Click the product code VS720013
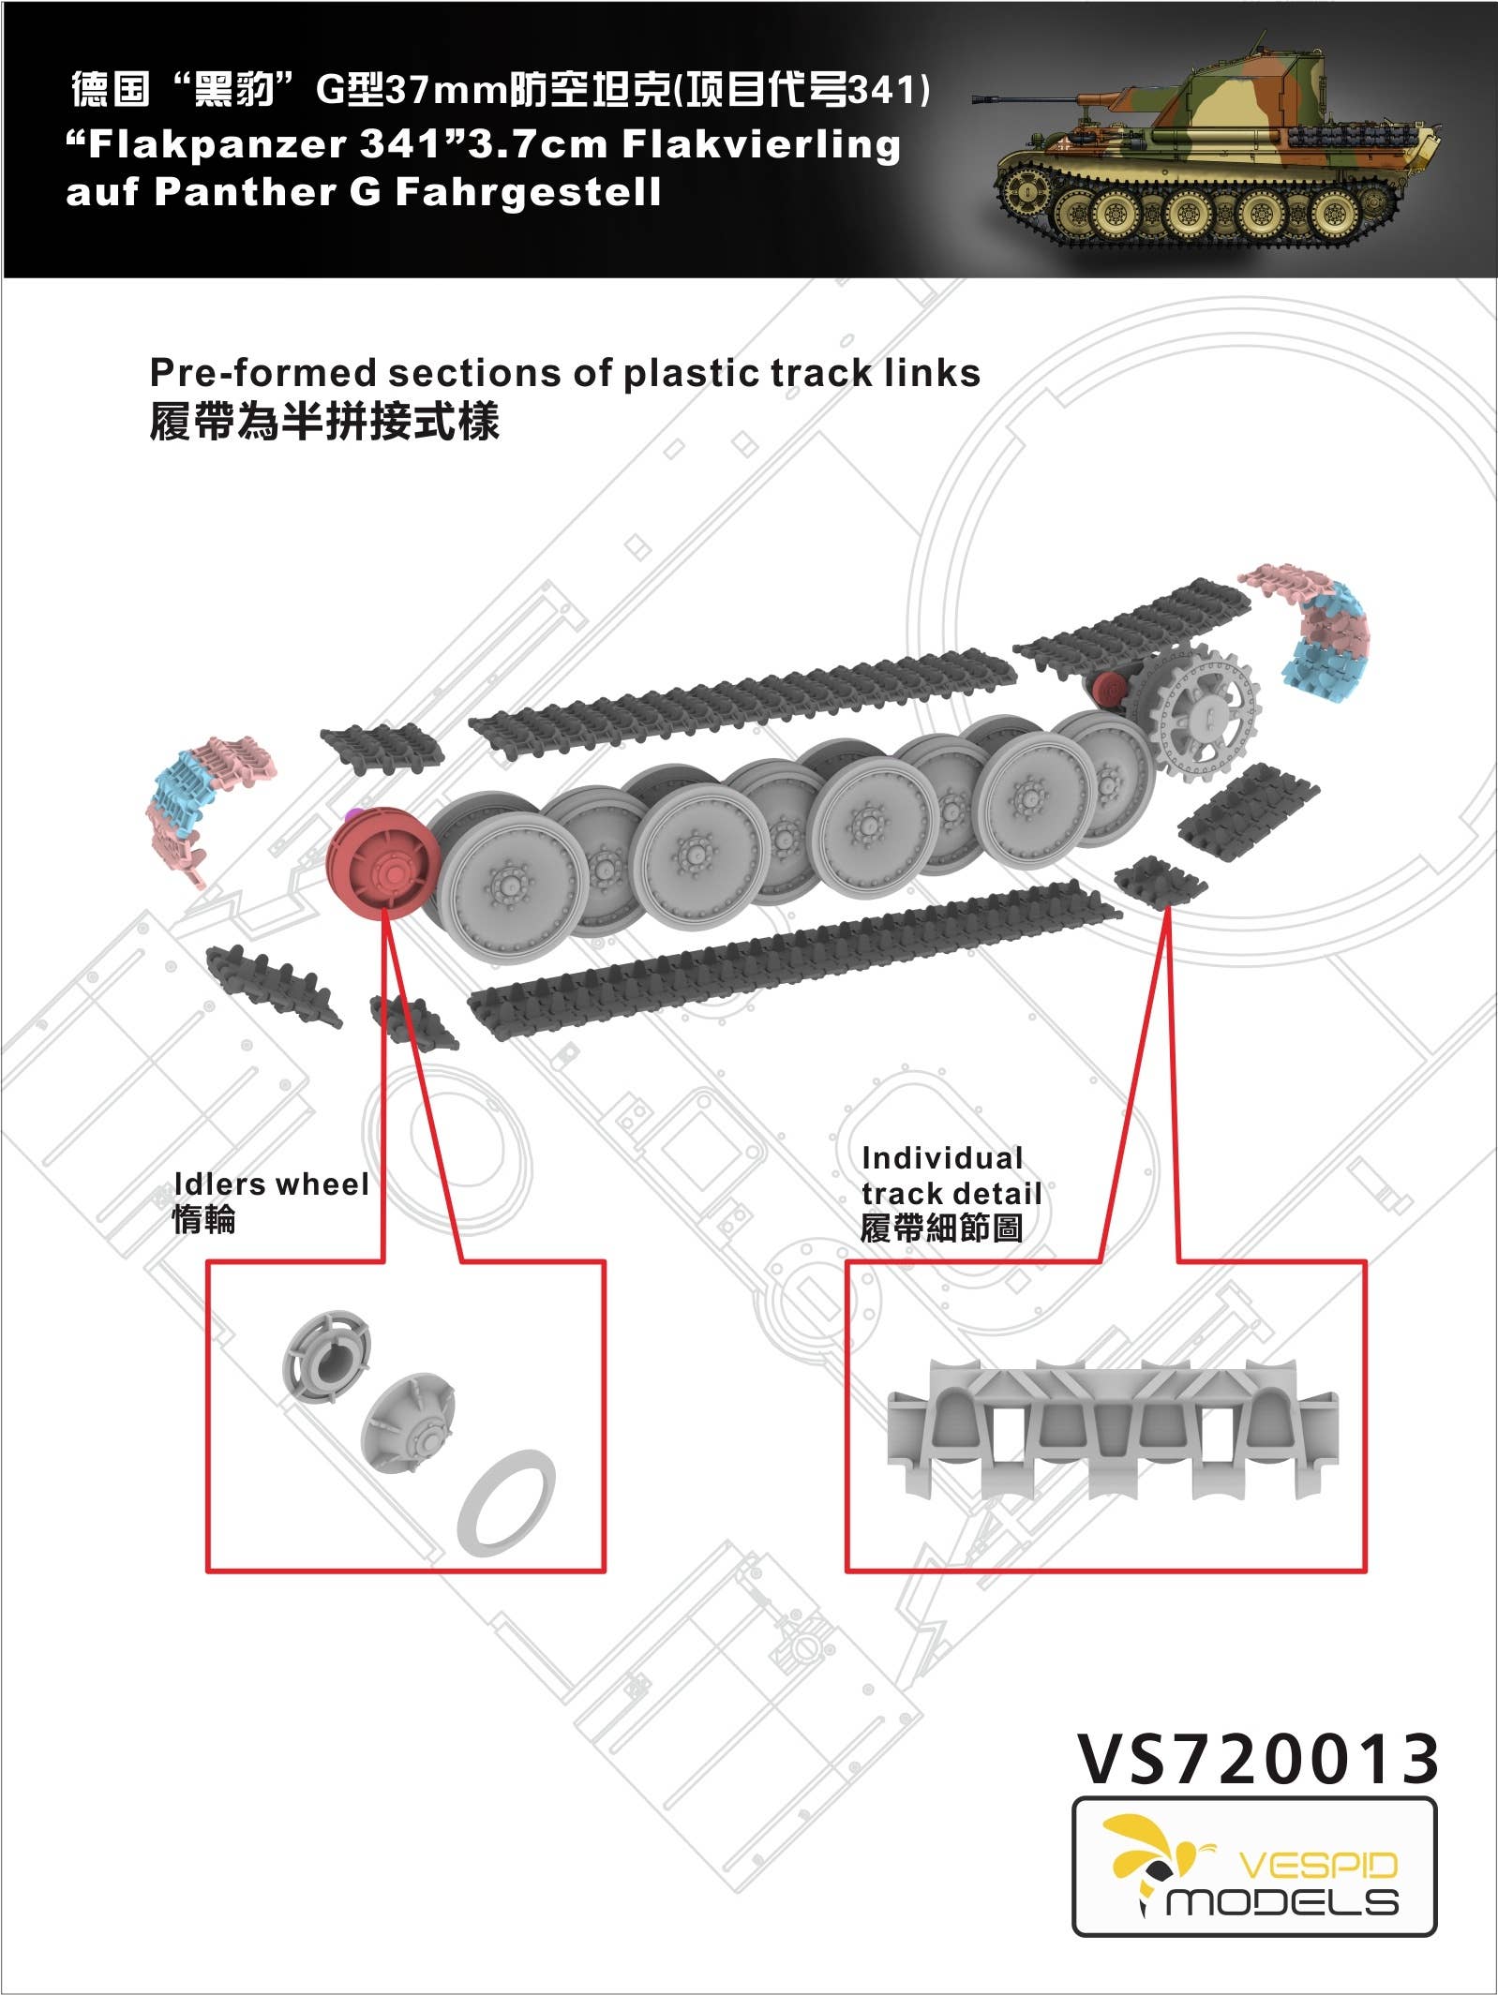click(1257, 1759)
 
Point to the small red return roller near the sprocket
click(1112, 692)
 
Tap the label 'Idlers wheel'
click(271, 1184)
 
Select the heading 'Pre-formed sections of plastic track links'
click(564, 373)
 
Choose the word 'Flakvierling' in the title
click(760, 145)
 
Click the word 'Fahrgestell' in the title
click(528, 193)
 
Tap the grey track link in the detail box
click(1112, 1424)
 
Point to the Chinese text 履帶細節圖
click(940, 1228)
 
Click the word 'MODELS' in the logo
click(1281, 1901)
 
